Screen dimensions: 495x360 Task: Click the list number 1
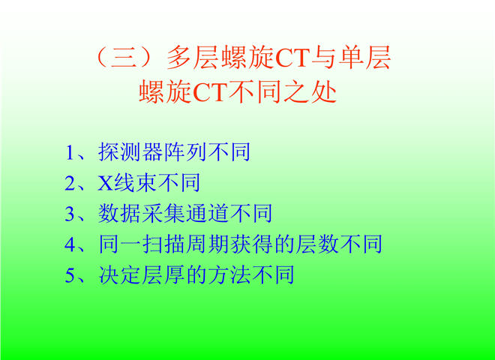(70, 153)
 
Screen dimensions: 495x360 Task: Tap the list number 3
(70, 214)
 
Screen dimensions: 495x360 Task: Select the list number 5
(70, 275)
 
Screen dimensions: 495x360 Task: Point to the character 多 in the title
(179, 58)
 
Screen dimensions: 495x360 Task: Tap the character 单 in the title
(351, 58)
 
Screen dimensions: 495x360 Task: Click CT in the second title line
(209, 92)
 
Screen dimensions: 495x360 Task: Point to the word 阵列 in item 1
(185, 152)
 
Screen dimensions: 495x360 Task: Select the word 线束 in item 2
(135, 183)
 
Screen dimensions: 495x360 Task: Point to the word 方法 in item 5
(229, 274)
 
